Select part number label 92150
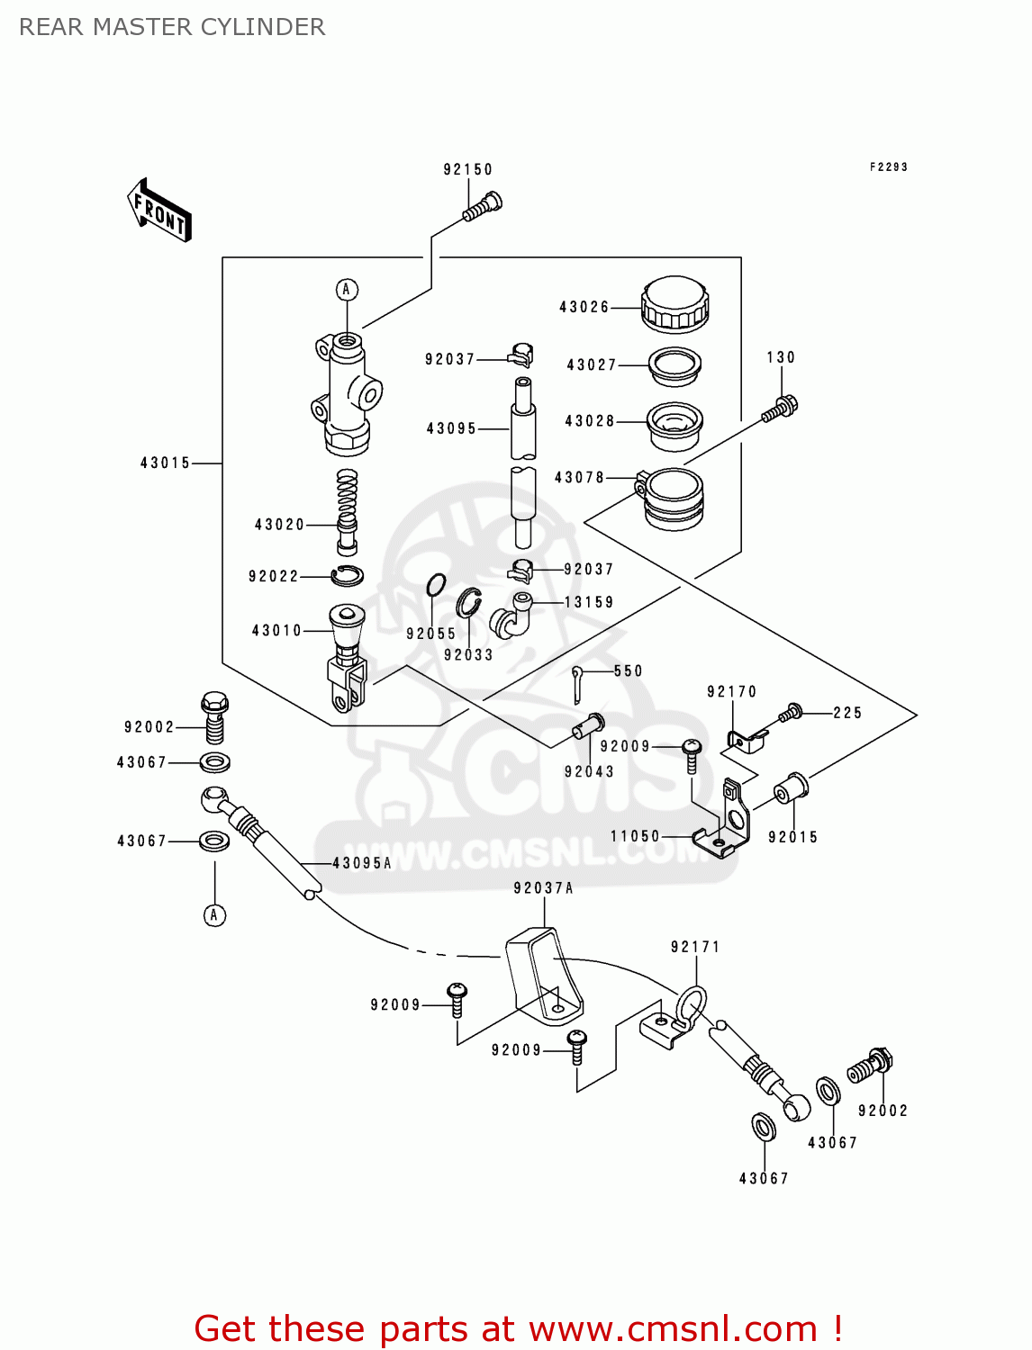tap(467, 169)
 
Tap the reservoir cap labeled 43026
tap(674, 304)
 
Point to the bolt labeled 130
tap(780, 409)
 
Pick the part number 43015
tap(166, 463)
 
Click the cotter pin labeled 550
tap(578, 683)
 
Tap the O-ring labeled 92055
tap(436, 585)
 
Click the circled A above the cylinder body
tap(347, 290)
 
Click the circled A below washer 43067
tap(214, 915)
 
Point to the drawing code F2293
tap(888, 166)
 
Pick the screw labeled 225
tap(791, 713)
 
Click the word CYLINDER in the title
tap(262, 27)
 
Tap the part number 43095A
tap(362, 863)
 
